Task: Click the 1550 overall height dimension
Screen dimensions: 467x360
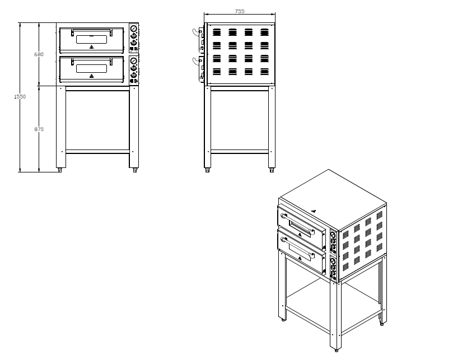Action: pos(20,96)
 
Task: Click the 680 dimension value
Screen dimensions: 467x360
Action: pos(39,54)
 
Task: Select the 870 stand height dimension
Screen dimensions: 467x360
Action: pos(39,129)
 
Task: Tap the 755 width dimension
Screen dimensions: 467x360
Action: pos(240,11)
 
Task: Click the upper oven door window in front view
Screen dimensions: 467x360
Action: pos(91,39)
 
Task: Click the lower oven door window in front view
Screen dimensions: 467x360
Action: pos(91,68)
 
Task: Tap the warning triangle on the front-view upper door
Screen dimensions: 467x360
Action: pos(91,46)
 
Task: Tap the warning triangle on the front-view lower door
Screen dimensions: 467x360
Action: pos(91,76)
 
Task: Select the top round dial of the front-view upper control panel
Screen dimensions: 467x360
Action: pos(134,29)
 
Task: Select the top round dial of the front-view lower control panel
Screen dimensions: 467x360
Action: pos(134,60)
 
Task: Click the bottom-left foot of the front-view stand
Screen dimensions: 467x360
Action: pos(59,170)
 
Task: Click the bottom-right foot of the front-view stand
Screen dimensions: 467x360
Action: pos(135,170)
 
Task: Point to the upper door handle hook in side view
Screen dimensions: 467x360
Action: pos(195,32)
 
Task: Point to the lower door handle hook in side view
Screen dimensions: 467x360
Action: pos(195,60)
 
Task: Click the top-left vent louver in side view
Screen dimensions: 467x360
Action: pos(217,32)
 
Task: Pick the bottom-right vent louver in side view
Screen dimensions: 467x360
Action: pos(264,72)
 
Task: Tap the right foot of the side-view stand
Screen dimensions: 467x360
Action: pos(272,170)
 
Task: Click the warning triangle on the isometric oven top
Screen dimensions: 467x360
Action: pos(314,211)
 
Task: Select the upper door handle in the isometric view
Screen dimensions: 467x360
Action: pos(297,223)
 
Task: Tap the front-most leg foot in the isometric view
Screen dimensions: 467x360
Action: pos(337,350)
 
